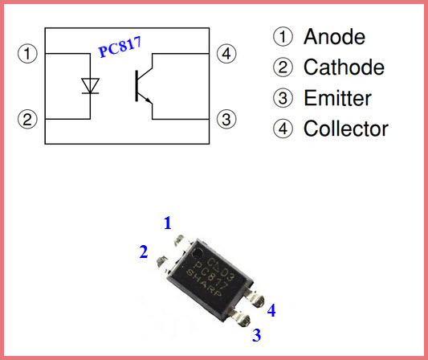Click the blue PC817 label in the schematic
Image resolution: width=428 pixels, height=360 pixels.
point(120,47)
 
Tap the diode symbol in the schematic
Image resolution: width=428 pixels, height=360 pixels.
point(91,86)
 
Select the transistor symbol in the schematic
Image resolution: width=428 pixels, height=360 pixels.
point(144,86)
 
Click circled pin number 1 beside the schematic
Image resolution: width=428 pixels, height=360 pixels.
point(27,54)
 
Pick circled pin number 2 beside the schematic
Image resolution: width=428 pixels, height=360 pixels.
point(27,120)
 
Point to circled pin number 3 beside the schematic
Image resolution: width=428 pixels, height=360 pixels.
point(226,120)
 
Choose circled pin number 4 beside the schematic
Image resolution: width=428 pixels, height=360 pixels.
point(226,54)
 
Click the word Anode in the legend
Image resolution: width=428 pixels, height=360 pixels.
point(334,37)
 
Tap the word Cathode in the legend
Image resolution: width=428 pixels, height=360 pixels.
point(344,67)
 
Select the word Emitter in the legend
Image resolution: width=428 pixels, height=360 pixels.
point(337,98)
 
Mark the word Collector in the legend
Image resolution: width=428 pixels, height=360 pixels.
point(346,129)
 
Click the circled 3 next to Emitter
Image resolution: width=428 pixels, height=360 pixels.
point(283,98)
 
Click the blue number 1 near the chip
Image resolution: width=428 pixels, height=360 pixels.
point(168,223)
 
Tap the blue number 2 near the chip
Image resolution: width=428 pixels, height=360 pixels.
point(144,252)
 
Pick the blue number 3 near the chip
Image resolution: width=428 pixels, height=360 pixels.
point(257,335)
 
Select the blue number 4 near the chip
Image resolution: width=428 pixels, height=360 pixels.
point(271,310)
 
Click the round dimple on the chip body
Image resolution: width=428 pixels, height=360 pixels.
point(197,254)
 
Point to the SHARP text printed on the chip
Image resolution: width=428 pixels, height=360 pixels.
point(204,283)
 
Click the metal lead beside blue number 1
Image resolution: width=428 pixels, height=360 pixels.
point(182,241)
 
